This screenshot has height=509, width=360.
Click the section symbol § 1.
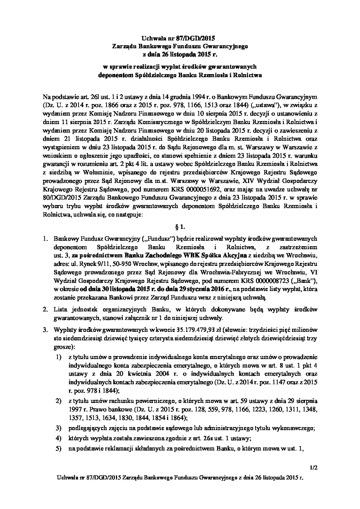coord(180,226)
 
